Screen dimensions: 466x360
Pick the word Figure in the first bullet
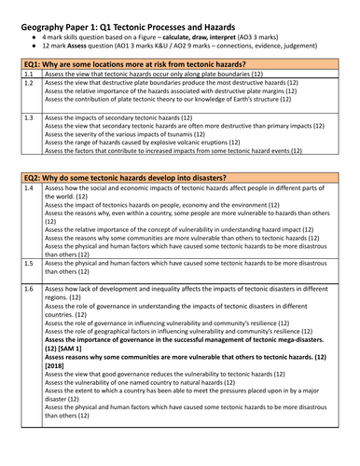(171, 31)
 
